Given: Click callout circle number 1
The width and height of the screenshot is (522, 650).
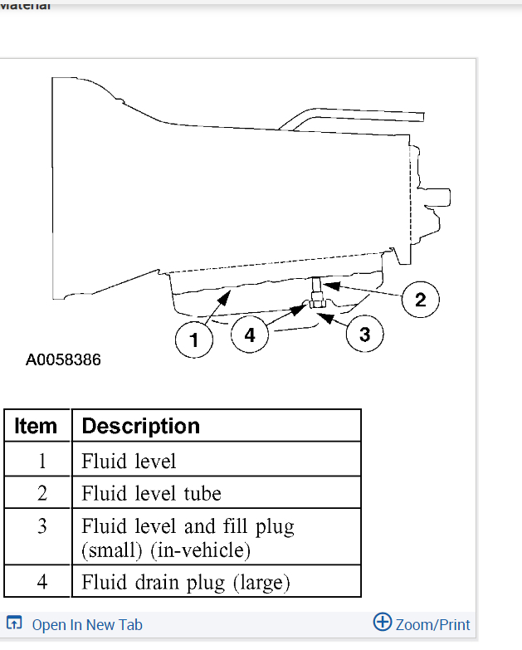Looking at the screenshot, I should [193, 340].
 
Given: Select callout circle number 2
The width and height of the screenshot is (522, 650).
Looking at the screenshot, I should [420, 300].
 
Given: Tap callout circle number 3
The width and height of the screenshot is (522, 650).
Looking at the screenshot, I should [364, 334].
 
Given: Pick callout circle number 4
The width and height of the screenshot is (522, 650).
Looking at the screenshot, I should [250, 335].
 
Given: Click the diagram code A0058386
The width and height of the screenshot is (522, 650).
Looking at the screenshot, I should [63, 360].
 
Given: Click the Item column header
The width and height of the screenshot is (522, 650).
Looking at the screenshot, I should [37, 426].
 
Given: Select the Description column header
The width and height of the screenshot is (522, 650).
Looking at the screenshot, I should [141, 426].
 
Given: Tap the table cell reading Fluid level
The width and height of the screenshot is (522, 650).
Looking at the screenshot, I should [129, 460].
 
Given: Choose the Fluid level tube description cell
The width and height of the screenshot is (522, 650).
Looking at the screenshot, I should [151, 494].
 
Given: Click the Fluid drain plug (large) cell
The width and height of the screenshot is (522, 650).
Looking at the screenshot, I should [185, 582].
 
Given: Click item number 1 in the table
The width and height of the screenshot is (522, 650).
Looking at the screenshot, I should [41, 460].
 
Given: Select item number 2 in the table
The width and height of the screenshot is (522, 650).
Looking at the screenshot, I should [41, 494].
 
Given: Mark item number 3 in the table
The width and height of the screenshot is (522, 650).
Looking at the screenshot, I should [41, 527].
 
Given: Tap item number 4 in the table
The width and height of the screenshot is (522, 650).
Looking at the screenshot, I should [41, 582].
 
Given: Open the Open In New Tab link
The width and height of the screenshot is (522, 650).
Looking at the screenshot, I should [87, 625].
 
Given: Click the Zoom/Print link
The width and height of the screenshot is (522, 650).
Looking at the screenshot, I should [432, 625].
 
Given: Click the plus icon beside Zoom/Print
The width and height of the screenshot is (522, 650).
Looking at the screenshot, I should [383, 623].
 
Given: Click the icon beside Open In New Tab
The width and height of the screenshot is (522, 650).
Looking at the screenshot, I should [14, 623].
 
